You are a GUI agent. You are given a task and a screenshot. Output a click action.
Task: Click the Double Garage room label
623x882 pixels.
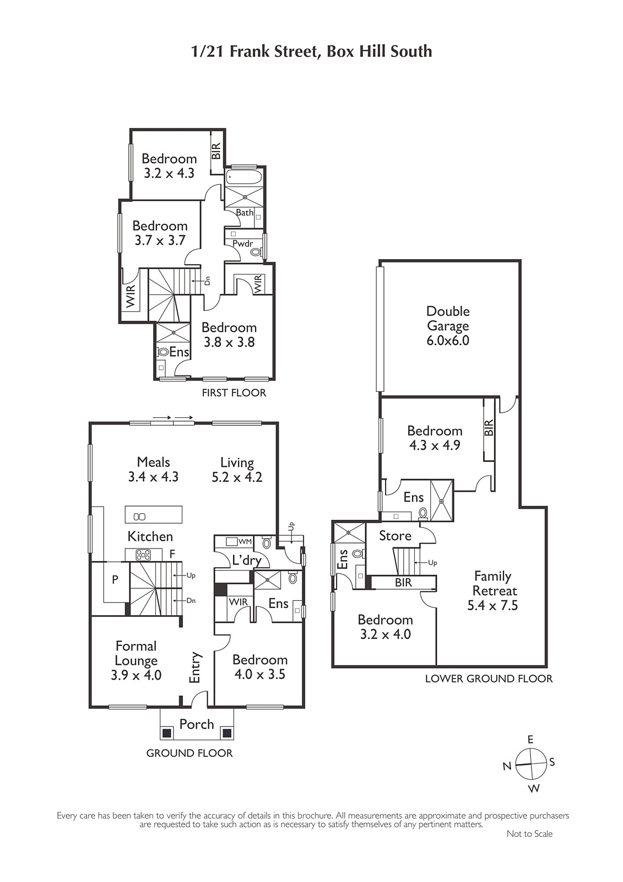click(448, 319)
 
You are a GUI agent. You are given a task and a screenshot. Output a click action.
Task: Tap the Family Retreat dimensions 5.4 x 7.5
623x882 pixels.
click(492, 605)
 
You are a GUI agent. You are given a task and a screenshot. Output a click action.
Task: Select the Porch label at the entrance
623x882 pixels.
click(197, 724)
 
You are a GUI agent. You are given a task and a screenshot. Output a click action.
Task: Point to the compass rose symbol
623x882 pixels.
click(530, 763)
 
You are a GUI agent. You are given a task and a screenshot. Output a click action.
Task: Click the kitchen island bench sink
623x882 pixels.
click(140, 517)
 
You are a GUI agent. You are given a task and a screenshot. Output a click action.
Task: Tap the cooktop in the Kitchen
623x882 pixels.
click(143, 555)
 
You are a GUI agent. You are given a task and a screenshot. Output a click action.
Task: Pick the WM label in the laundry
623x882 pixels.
click(245, 542)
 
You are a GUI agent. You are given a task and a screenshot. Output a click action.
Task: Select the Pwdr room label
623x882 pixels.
click(242, 243)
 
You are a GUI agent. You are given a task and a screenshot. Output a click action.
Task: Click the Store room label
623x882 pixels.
click(395, 535)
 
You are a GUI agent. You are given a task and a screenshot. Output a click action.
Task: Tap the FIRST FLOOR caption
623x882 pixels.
click(234, 392)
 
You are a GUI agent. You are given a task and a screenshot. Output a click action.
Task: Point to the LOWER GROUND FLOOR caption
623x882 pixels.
click(489, 679)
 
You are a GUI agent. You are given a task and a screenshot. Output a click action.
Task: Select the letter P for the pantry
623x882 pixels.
click(115, 579)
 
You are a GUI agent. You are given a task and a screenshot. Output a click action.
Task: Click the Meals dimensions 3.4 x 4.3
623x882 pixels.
click(153, 477)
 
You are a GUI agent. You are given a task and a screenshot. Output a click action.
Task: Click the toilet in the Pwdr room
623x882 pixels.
click(256, 252)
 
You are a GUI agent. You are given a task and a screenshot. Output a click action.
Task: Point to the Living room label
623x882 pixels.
click(237, 462)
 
